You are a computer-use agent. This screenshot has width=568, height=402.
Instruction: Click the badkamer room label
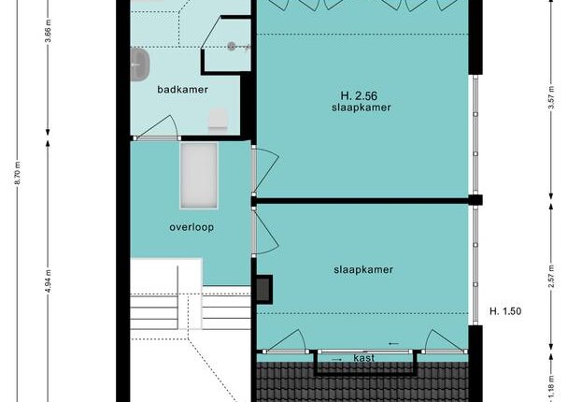tap(182, 90)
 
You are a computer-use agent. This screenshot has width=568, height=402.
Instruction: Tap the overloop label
tap(192, 227)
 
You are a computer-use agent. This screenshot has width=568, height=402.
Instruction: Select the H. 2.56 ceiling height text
tap(359, 96)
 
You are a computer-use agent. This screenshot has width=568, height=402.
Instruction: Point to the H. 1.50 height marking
tap(505, 311)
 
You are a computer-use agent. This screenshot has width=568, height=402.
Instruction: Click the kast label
tap(363, 358)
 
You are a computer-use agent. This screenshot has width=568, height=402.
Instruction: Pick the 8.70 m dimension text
tap(17, 173)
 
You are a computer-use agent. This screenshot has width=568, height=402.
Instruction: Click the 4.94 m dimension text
tap(49, 280)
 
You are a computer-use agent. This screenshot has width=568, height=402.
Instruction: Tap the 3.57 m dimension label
tap(551, 97)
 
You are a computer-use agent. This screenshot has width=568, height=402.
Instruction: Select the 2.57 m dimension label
tap(551, 276)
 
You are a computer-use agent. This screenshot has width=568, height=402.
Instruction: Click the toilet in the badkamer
tap(218, 119)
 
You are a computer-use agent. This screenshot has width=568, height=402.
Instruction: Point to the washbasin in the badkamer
tap(140, 65)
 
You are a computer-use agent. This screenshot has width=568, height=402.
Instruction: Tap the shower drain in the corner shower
tap(232, 46)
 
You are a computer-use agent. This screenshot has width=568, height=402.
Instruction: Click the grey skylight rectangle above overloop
tap(199, 176)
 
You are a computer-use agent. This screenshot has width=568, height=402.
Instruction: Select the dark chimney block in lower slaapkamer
tap(264, 289)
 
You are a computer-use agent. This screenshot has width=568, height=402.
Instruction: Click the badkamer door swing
tap(157, 127)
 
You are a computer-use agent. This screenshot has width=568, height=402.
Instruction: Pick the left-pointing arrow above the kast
tap(393, 344)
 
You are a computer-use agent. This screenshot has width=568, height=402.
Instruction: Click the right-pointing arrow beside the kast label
tap(337, 359)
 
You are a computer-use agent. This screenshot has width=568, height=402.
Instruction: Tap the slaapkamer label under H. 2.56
tap(362, 108)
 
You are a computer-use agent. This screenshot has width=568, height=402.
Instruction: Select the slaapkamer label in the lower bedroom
tap(363, 269)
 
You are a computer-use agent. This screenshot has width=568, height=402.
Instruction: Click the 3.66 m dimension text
tap(49, 31)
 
